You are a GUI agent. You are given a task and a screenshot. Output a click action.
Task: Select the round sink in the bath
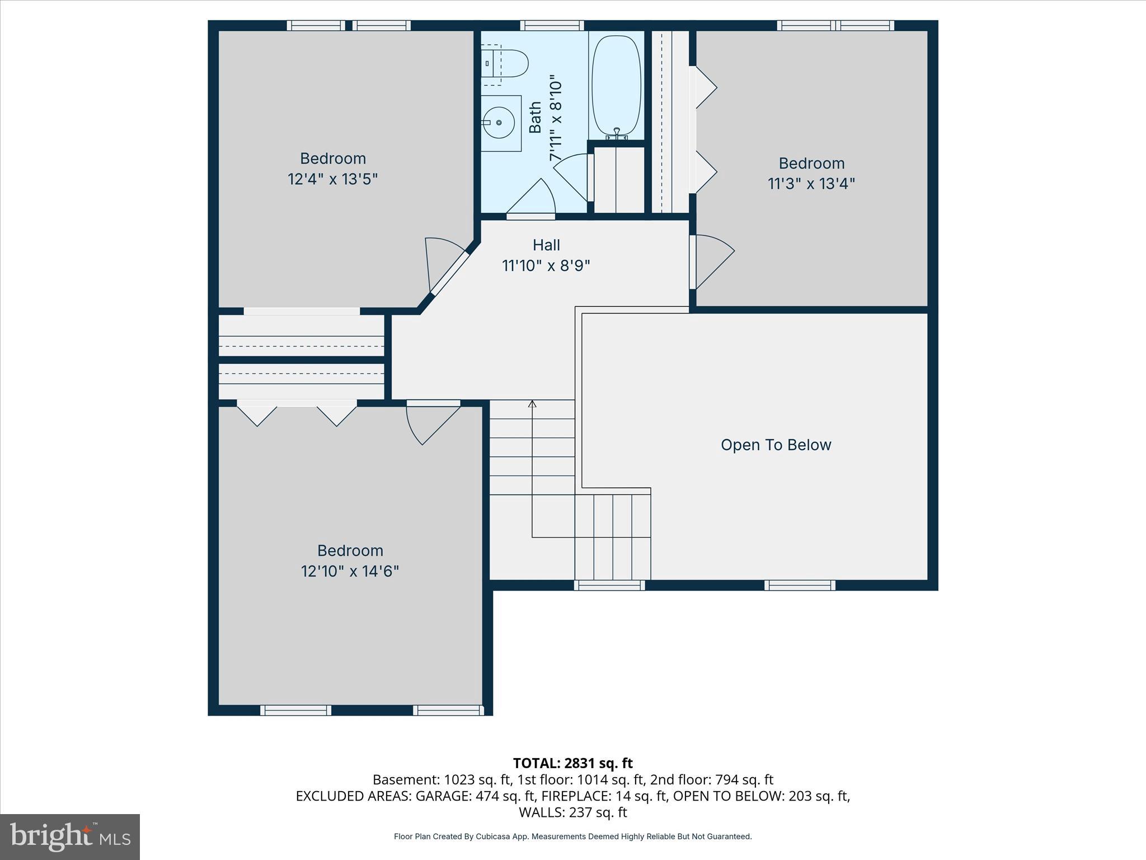click(x=497, y=123)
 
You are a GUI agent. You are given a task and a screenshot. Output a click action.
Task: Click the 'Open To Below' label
click(x=776, y=445)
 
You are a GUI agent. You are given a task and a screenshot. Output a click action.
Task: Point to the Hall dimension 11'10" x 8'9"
click(x=546, y=265)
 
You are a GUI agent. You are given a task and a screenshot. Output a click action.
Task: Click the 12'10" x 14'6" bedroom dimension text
click(x=350, y=572)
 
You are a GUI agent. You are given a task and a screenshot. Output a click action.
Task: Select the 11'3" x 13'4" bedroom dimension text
click(x=811, y=184)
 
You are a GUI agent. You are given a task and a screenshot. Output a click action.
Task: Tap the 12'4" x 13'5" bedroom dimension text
click(x=332, y=179)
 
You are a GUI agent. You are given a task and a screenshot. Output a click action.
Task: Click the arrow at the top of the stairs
click(x=532, y=404)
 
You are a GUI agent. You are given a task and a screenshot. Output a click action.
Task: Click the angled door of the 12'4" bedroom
click(x=448, y=273)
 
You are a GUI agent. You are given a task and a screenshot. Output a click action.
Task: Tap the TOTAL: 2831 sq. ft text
click(x=572, y=763)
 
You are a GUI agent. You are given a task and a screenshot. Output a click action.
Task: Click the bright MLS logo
click(x=70, y=836)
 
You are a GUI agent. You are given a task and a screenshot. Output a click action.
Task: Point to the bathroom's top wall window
click(x=552, y=25)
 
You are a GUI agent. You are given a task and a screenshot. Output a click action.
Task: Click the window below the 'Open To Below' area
click(x=800, y=585)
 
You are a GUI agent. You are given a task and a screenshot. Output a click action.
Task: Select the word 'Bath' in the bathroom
click(x=536, y=117)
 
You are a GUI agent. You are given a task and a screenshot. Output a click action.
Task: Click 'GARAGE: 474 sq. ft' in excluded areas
click(x=475, y=796)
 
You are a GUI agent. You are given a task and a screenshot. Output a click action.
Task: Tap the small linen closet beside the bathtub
click(x=619, y=179)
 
